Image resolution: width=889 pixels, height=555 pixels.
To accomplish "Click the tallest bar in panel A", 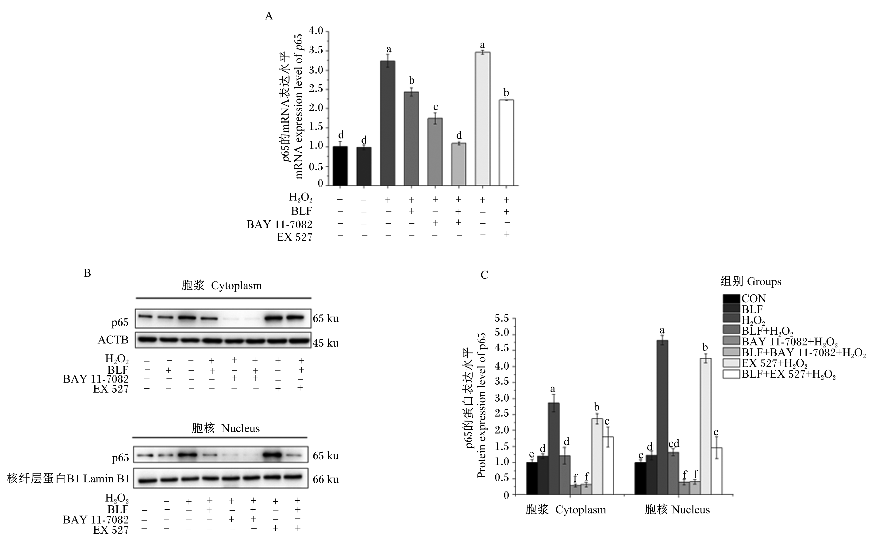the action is (483, 119).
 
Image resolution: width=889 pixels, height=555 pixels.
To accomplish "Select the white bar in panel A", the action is (506, 142).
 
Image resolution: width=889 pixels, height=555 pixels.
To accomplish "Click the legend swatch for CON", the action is (731, 299).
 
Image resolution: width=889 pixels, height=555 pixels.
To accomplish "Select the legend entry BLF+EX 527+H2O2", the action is (789, 375).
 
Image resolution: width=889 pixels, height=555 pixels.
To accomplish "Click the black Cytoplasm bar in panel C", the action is (532, 478).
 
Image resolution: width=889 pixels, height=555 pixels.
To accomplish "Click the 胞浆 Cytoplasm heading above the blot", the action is (222, 285).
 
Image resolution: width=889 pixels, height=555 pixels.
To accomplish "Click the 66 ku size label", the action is (326, 479).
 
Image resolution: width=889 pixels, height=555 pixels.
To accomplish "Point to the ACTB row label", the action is (113, 340).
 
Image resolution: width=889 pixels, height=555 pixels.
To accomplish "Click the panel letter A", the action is (269, 16).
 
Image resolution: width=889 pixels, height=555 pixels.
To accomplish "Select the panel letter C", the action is (485, 275).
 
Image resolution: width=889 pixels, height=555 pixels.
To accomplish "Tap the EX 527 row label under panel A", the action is (295, 237).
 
